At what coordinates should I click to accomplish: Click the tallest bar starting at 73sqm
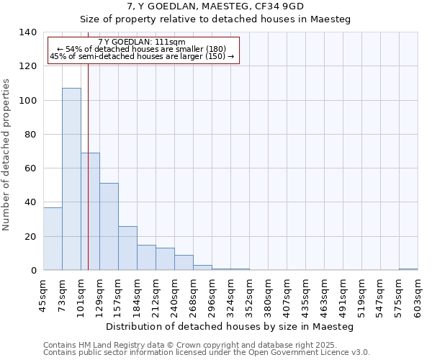[x=71, y=179]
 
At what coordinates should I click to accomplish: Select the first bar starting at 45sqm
[x=53, y=238]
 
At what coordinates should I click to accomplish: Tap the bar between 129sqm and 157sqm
[x=109, y=227]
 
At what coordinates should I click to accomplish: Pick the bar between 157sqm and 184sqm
[x=127, y=248]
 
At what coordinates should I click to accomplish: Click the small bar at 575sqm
[x=408, y=269]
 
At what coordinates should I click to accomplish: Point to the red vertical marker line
[x=88, y=166]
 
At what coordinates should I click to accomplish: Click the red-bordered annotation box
[x=143, y=50]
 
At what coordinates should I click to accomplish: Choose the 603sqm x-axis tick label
[x=418, y=295]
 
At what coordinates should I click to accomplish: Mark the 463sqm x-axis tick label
[x=325, y=295]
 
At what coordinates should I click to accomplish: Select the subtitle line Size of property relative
[x=215, y=19]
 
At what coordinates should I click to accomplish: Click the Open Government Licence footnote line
[x=207, y=353]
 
